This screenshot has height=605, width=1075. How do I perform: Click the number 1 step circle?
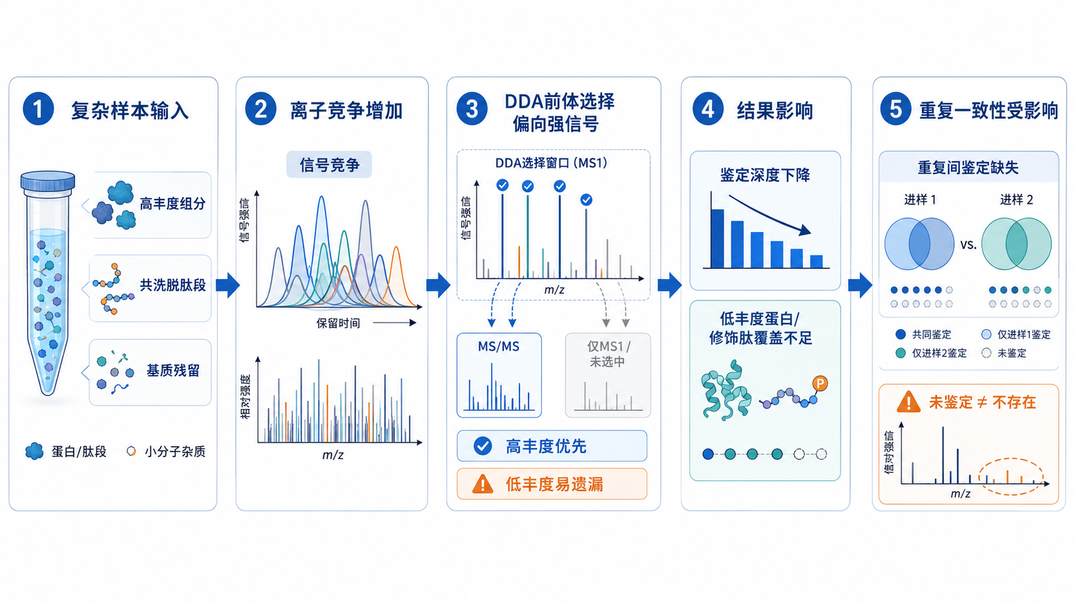(x=39, y=109)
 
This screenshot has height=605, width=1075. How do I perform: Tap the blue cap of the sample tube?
(x=48, y=181)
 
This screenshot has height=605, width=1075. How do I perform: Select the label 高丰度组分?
(x=173, y=204)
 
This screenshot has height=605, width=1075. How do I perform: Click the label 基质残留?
(x=173, y=370)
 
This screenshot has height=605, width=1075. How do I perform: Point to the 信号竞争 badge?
(x=329, y=165)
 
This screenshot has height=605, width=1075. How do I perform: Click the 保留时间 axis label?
(x=338, y=323)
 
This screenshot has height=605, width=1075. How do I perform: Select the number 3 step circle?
(x=472, y=109)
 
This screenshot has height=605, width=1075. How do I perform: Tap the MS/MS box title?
(x=499, y=347)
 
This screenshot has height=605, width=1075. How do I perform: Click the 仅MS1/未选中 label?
(x=608, y=354)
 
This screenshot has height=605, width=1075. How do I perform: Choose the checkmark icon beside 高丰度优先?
(x=482, y=446)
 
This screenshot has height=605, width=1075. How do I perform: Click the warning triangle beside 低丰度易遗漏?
(x=482, y=484)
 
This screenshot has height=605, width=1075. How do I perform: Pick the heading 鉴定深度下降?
(x=765, y=175)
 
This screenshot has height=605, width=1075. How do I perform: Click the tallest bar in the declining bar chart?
(x=718, y=239)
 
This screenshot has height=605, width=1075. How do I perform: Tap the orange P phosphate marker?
(x=820, y=383)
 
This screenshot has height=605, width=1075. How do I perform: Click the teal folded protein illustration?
(x=726, y=390)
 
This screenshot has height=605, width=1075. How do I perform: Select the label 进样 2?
(x=1016, y=199)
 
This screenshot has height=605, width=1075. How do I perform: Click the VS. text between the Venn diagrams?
(x=968, y=245)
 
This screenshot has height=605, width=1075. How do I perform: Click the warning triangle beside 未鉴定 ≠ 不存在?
(x=908, y=402)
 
